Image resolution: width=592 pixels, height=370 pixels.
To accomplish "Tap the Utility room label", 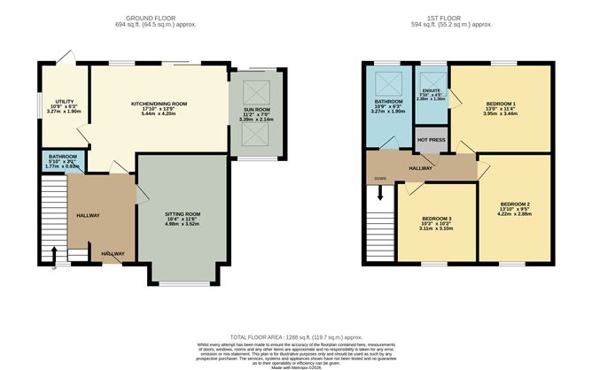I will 64,102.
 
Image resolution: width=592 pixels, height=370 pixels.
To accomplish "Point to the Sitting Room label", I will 183,214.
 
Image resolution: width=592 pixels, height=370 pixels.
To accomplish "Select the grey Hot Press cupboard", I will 431,139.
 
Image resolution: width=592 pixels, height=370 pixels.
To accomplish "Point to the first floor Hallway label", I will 421,166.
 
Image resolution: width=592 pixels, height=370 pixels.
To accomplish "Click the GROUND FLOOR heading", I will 147,17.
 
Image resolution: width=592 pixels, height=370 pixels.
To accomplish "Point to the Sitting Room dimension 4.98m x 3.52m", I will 183,225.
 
